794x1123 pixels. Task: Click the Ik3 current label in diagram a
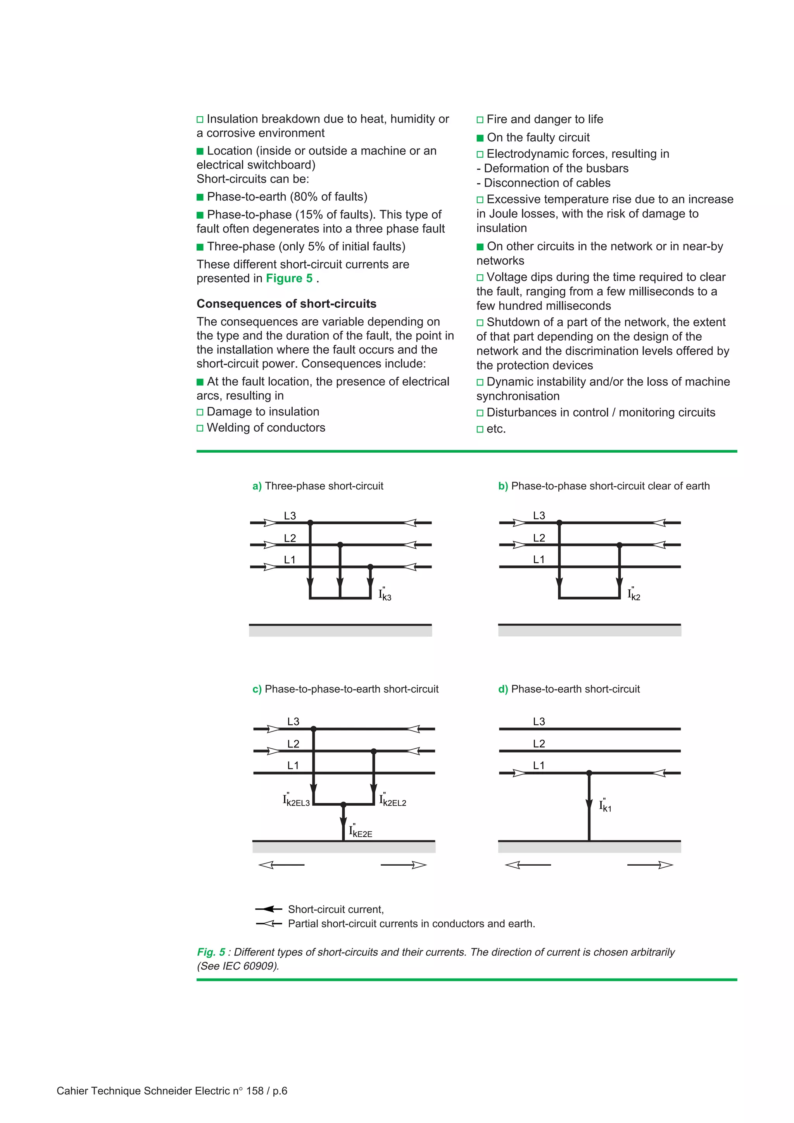click(385, 595)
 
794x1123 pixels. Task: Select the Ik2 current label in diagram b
click(634, 594)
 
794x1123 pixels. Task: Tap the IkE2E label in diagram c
click(361, 832)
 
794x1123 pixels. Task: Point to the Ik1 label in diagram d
click(605, 806)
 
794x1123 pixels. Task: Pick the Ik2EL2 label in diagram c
click(393, 801)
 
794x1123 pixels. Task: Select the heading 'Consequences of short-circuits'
click(286, 304)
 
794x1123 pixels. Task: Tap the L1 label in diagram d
click(539, 765)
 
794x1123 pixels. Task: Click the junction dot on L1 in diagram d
click(589, 773)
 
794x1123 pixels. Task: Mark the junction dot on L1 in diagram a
click(370, 567)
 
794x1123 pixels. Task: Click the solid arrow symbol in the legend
click(269, 909)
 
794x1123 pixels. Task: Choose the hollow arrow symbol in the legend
click(269, 923)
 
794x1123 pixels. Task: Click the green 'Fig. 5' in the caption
click(211, 952)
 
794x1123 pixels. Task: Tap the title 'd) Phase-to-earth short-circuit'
click(569, 689)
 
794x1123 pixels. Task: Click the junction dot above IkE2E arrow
click(343, 804)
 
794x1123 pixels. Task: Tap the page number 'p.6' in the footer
click(280, 1091)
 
